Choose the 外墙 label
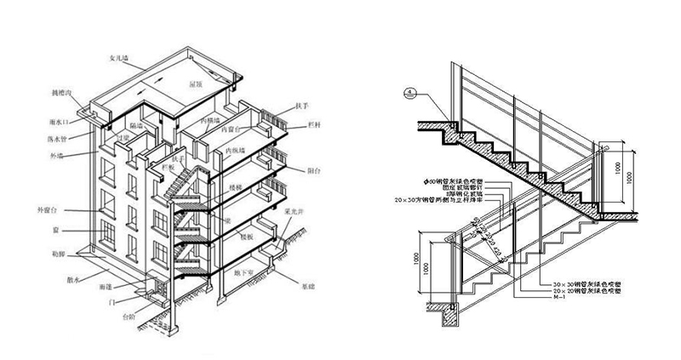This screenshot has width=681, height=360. [x=57, y=155]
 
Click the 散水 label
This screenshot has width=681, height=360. [x=74, y=278]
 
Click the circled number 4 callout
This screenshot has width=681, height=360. [x=411, y=92]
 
